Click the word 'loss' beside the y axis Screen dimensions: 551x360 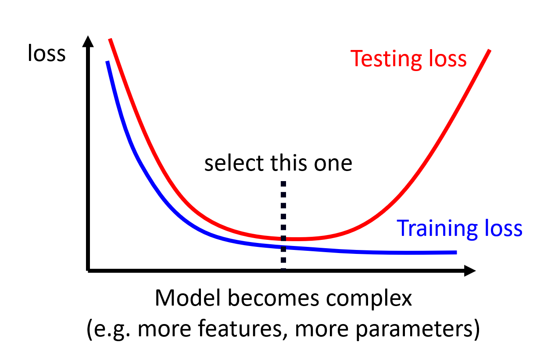click(47, 53)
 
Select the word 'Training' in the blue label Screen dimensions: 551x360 click(437, 229)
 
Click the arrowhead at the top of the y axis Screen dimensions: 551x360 click(88, 41)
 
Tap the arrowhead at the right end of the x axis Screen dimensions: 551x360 click(470, 271)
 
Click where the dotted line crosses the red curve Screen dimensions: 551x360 click(283, 238)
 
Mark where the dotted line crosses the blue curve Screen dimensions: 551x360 click(283, 247)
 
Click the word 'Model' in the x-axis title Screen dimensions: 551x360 click(187, 298)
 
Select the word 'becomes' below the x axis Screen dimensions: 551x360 click(273, 298)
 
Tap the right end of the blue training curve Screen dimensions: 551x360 click(457, 252)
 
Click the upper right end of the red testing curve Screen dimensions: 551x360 click(489, 50)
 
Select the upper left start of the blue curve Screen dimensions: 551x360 click(107, 61)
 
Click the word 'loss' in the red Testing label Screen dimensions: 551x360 click(447, 59)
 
